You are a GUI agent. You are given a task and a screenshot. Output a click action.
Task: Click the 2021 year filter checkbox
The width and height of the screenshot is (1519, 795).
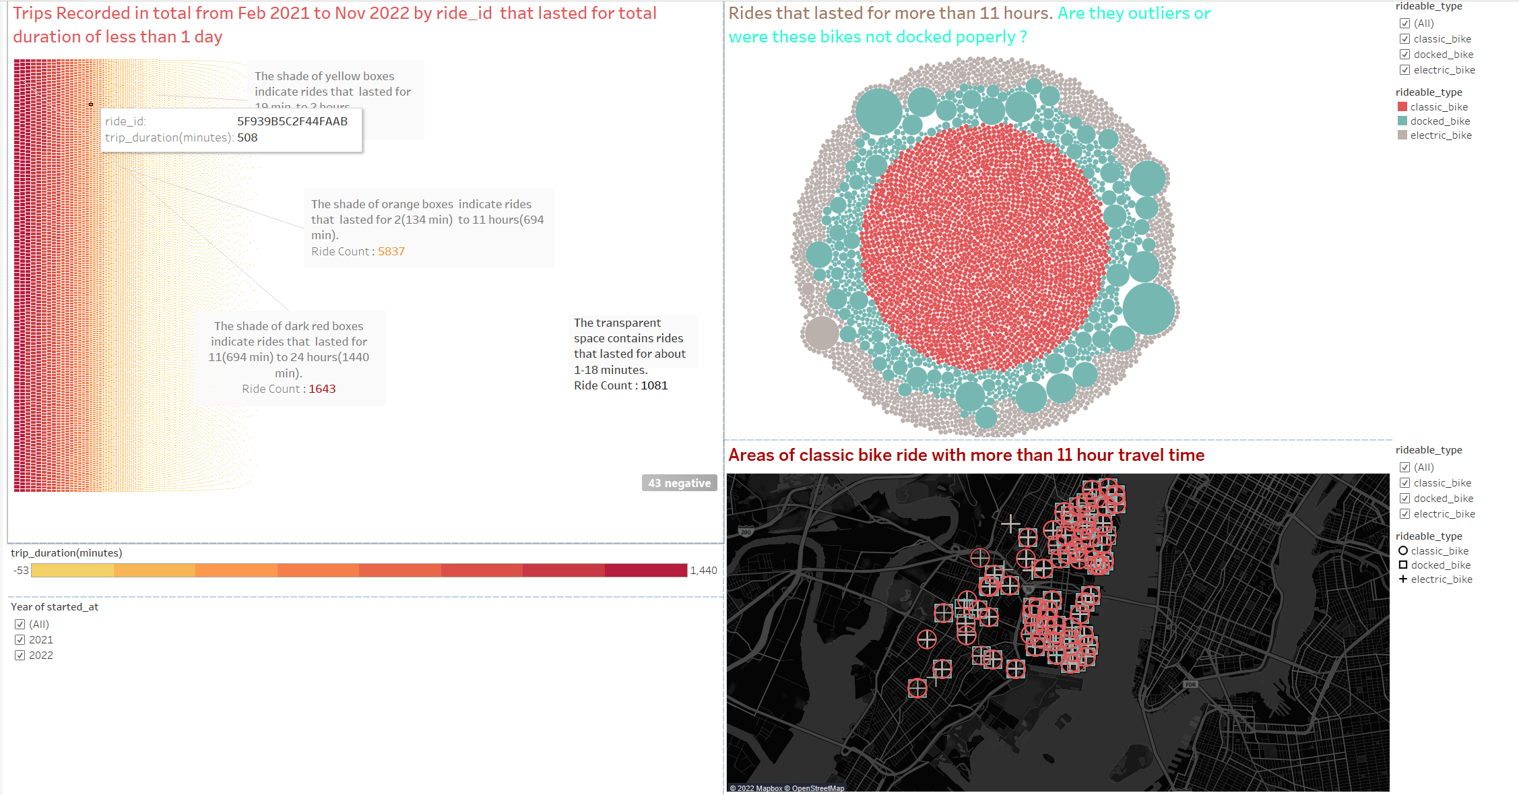click(x=20, y=640)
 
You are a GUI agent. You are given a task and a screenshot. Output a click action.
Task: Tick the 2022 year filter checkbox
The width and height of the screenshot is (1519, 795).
click(x=20, y=656)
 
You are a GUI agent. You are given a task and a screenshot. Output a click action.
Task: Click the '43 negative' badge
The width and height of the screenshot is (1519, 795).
click(x=679, y=483)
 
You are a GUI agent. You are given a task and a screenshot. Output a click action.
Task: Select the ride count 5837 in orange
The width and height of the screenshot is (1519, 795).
click(x=391, y=251)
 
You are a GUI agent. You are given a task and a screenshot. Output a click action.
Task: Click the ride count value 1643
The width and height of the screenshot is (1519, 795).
click(x=322, y=389)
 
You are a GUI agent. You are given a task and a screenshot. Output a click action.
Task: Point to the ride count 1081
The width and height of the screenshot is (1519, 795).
click(x=654, y=385)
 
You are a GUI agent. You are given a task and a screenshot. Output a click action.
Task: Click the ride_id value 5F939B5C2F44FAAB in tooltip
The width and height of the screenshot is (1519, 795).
click(x=292, y=121)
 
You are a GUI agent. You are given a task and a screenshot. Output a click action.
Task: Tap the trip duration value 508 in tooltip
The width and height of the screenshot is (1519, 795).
click(x=247, y=137)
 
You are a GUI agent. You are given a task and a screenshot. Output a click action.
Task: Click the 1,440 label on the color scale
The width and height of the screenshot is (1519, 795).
click(x=703, y=571)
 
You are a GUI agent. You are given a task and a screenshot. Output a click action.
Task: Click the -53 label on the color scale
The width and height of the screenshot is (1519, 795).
click(x=21, y=571)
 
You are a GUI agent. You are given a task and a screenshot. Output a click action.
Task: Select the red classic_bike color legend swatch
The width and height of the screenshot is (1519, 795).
click(x=1402, y=107)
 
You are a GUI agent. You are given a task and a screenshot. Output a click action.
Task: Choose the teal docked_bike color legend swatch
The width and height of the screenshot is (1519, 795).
click(x=1402, y=121)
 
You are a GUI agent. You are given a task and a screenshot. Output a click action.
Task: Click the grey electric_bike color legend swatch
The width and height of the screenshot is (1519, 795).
click(x=1402, y=135)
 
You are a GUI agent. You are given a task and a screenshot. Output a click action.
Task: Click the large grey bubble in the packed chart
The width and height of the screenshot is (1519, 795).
click(x=822, y=333)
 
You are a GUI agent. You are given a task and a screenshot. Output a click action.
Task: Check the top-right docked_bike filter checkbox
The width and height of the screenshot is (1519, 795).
click(x=1404, y=55)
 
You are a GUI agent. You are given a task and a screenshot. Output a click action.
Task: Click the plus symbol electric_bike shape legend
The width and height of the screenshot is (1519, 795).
click(x=1403, y=579)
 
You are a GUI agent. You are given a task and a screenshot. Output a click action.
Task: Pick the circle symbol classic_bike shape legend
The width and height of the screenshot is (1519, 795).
click(x=1403, y=551)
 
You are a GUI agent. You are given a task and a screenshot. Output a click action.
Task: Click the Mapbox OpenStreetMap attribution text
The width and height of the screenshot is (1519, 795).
click(x=787, y=788)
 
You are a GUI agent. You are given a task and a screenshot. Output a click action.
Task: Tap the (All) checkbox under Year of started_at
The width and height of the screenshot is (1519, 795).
click(x=20, y=625)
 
